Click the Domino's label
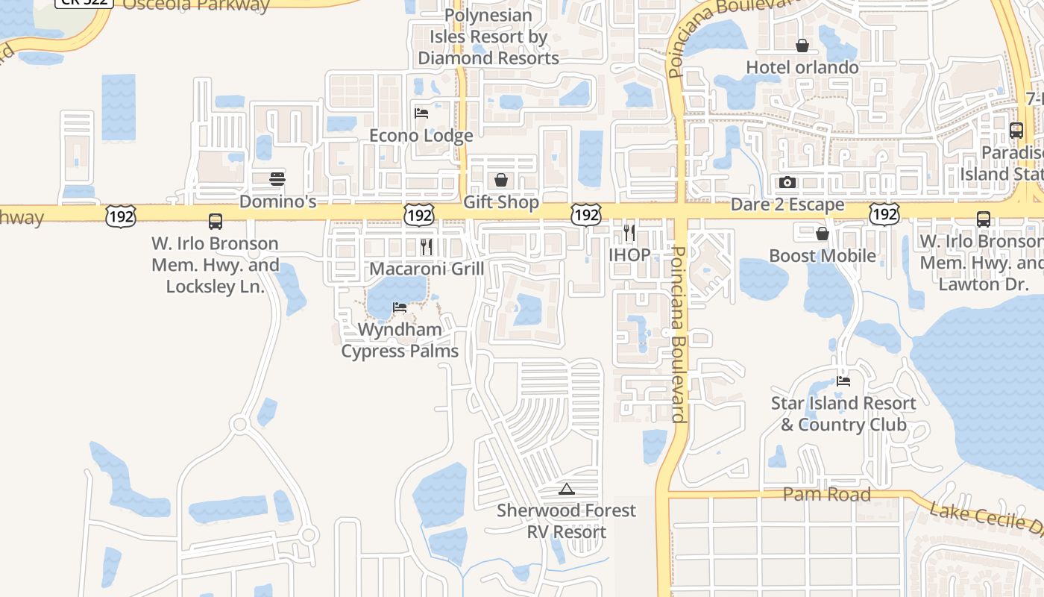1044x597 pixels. click(278, 201)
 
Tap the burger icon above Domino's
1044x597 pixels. click(277, 179)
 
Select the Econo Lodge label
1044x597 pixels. click(421, 136)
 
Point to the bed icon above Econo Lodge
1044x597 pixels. click(421, 113)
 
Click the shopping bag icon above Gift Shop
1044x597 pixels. click(501, 180)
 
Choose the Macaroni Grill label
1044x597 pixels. click(427, 269)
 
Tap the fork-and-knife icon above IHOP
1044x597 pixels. click(629, 233)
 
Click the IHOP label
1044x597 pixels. click(629, 255)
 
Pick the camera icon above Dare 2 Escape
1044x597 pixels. click(787, 182)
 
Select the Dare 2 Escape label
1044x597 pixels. click(787, 204)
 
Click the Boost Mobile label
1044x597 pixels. click(823, 256)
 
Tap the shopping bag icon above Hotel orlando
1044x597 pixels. click(802, 46)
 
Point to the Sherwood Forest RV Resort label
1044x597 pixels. click(567, 521)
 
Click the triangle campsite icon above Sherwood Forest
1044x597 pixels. click(567, 490)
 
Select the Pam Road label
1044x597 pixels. click(827, 494)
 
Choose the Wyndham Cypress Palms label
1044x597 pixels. click(400, 340)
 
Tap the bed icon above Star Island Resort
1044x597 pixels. click(843, 381)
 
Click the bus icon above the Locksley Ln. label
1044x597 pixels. click(216, 222)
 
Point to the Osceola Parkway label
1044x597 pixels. click(195, 5)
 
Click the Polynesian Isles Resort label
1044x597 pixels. click(488, 37)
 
